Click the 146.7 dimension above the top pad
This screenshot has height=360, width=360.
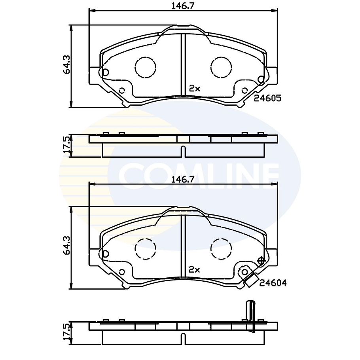click(182, 6)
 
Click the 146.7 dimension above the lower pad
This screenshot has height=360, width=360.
click(182, 179)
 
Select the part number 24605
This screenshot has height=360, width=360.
click(267, 99)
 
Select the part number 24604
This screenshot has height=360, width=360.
click(273, 283)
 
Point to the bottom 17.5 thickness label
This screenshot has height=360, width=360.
click(66, 331)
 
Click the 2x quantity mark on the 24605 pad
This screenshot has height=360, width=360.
click(195, 89)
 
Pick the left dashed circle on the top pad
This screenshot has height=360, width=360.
click(145, 67)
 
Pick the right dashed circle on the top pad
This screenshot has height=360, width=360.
click(221, 67)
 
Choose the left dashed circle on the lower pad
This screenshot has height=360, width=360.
click(145, 249)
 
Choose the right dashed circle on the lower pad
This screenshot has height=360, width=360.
click(221, 249)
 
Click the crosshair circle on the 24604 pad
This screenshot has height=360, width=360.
click(261, 261)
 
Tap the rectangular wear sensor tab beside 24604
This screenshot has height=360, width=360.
click(250, 280)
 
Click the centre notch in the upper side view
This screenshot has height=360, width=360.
click(182, 151)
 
